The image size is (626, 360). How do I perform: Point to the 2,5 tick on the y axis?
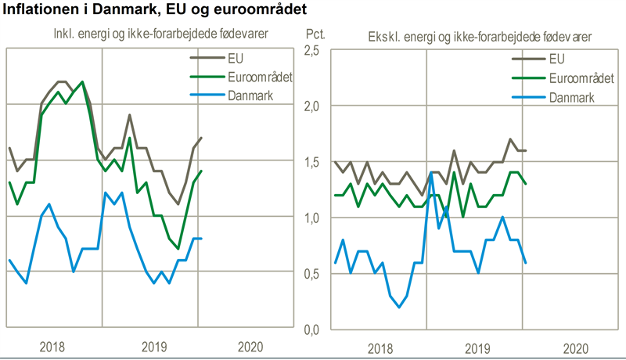tap(311, 50)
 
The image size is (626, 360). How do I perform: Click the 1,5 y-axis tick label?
tap(311, 162)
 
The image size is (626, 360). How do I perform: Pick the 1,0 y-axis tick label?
tap(311, 218)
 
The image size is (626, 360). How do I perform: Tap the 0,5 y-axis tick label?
tap(311, 274)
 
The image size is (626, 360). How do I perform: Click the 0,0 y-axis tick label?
tap(311, 329)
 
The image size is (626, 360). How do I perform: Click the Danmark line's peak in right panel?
tap(431, 174)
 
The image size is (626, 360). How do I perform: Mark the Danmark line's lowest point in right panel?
tap(398, 308)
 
